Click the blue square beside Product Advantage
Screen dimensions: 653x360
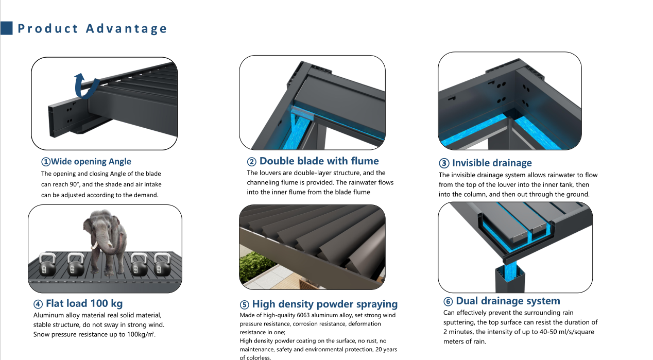tap(6, 28)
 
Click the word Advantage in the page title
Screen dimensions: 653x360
tap(126, 28)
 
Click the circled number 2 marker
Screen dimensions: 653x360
tap(252, 162)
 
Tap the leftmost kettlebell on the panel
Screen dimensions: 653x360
tap(47, 264)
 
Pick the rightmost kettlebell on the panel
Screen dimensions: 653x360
tap(162, 264)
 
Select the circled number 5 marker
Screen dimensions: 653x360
tap(244, 304)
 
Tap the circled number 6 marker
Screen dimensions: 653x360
tap(448, 301)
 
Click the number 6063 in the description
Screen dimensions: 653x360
tap(304, 315)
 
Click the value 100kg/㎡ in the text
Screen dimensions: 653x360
tap(140, 334)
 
